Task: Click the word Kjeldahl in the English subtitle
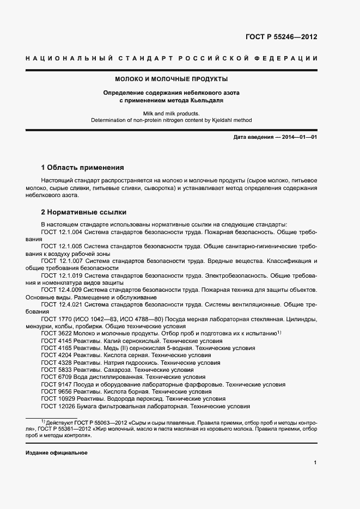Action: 217,120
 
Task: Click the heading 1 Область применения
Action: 83,168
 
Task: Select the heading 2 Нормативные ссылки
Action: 84,212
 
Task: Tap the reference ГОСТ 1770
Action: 54,319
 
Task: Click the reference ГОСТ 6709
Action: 54,377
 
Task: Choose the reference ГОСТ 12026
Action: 56,406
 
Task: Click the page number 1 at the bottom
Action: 315,463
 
